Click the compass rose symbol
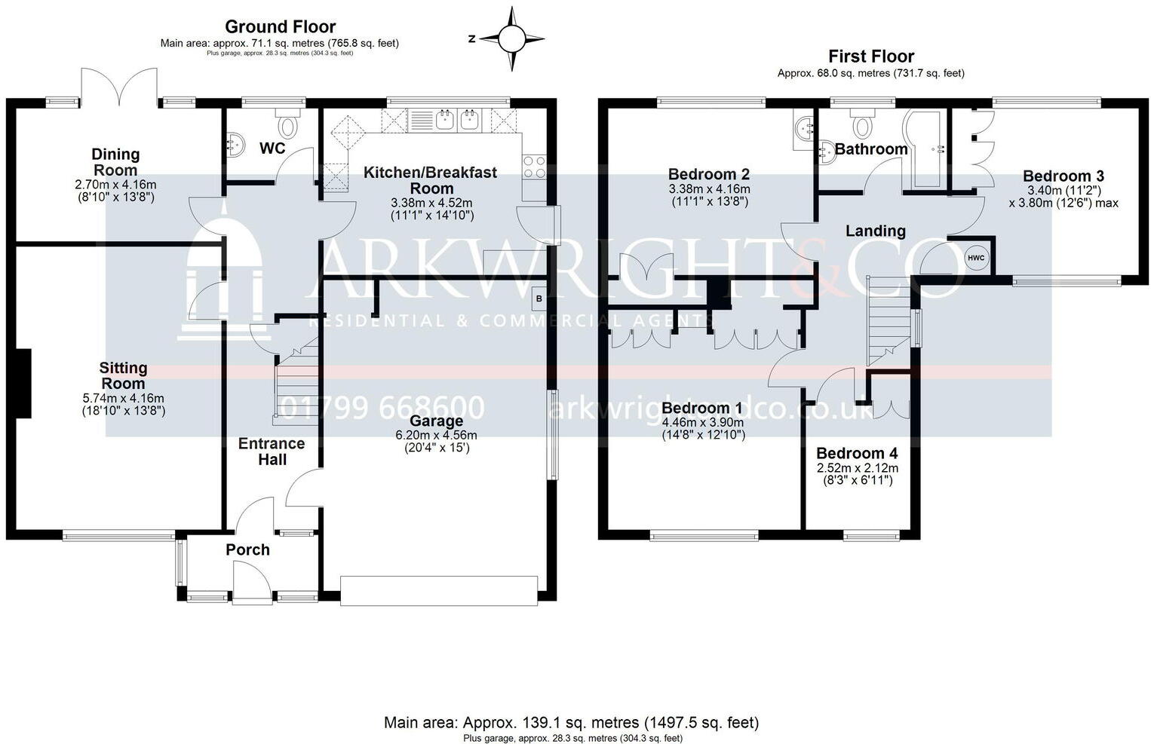click(x=512, y=38)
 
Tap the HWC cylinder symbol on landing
click(x=975, y=258)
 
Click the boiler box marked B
click(x=539, y=299)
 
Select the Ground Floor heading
click(x=280, y=27)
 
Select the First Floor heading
click(x=870, y=57)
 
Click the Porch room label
click(x=247, y=550)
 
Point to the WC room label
click(x=272, y=148)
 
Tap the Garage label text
click(x=436, y=421)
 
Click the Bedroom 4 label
click(x=857, y=454)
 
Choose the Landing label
click(x=875, y=231)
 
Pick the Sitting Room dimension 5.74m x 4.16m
click(x=123, y=399)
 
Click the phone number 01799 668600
click(x=382, y=409)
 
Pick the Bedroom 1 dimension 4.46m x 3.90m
click(x=703, y=423)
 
